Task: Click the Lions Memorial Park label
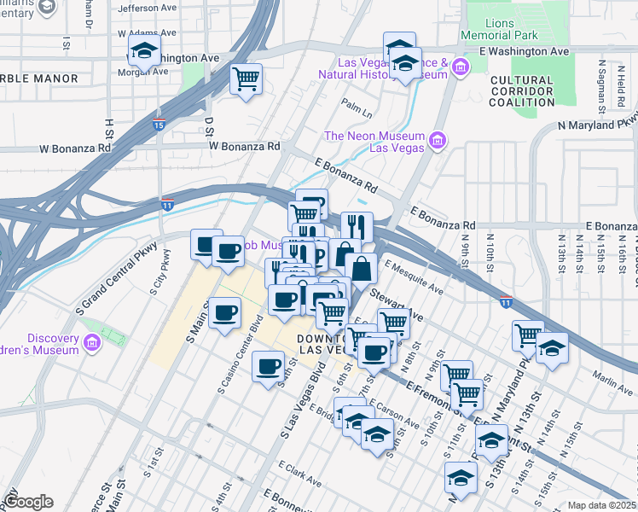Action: (x=500, y=28)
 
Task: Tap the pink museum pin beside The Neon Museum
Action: (x=439, y=141)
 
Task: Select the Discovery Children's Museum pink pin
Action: (x=92, y=345)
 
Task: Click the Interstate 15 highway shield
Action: (x=159, y=125)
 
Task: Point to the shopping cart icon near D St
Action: (x=246, y=79)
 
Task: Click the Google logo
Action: (x=28, y=502)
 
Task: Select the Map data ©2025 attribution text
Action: (x=602, y=505)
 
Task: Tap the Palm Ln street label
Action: (x=357, y=108)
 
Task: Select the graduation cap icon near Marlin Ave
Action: (x=552, y=348)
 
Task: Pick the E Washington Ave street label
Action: (x=524, y=51)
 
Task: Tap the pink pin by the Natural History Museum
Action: (x=461, y=67)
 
